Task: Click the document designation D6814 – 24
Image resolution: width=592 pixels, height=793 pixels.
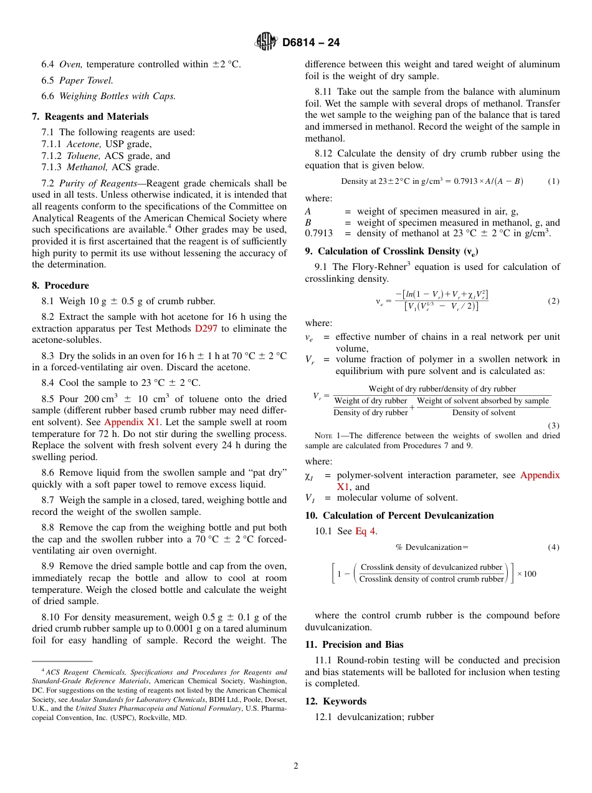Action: [311, 43]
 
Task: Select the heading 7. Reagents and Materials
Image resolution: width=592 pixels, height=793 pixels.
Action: [90, 117]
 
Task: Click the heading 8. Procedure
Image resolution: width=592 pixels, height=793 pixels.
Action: [60, 286]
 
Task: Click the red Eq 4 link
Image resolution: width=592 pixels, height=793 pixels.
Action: [366, 531]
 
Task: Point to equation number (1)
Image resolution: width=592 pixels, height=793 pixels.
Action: [553, 181]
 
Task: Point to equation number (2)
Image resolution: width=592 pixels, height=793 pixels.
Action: [553, 301]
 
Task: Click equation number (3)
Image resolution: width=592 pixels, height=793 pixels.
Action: [553, 425]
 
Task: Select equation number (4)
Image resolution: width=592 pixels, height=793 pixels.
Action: [553, 547]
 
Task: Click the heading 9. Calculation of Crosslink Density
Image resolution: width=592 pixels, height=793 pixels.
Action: [392, 251]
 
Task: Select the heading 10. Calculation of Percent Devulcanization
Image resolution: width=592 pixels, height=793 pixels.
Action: [399, 516]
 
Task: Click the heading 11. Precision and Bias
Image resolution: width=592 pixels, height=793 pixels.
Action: [354, 645]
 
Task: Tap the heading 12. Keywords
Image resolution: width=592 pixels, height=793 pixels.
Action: [335, 701]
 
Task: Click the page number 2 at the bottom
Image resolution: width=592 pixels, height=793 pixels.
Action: [296, 766]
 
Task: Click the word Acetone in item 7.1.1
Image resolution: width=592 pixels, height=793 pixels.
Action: [84, 144]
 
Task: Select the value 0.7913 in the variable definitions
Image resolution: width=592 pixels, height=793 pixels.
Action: [318, 233]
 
